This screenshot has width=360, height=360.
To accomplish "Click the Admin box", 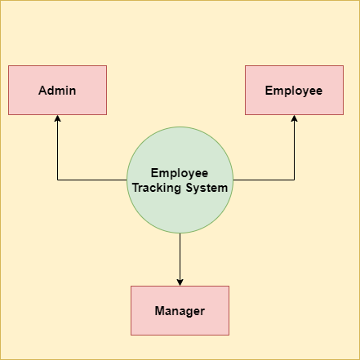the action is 57,90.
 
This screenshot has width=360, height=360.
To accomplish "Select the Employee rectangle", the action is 294,90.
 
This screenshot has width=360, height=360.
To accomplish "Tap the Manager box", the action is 180,310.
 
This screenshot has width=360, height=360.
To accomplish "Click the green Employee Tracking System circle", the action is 180,180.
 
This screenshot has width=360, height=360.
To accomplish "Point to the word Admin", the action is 57,91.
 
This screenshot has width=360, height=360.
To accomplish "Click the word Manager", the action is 180,311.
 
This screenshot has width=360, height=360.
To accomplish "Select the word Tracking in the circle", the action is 157,188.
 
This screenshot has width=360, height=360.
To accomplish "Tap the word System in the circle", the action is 207,188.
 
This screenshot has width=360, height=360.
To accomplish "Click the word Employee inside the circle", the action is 180,173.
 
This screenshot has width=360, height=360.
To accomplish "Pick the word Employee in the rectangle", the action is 294,91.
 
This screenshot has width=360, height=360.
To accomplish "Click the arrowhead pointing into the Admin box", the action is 57,118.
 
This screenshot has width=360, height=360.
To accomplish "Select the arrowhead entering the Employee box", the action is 294,118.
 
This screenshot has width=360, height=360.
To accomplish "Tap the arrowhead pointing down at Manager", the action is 180,282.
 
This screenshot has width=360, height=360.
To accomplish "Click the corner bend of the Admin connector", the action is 57,180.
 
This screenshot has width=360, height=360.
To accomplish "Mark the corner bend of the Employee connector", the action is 294,180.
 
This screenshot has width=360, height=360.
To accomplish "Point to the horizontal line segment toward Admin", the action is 92,180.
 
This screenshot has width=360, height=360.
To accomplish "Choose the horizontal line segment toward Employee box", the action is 264,180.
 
